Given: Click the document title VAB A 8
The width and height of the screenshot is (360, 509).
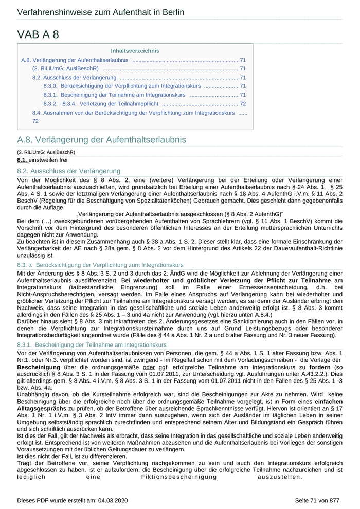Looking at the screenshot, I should click(38, 34).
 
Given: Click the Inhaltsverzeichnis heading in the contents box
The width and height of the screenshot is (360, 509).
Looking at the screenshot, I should click(135, 51).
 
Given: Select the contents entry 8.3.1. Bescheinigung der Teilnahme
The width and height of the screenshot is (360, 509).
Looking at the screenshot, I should click(114, 95).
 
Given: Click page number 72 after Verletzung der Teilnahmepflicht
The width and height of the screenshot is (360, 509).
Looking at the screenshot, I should click(243, 103).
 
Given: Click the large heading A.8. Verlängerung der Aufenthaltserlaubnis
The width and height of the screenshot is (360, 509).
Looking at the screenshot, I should click(101, 140).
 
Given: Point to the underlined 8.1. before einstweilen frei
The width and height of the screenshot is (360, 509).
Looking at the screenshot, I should click(22, 160).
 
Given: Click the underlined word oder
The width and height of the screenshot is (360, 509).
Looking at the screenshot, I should click(149, 368).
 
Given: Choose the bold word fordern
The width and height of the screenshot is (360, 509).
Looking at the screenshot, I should click(320, 368).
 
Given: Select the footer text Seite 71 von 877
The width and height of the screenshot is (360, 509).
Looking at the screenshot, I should click(317, 500).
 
